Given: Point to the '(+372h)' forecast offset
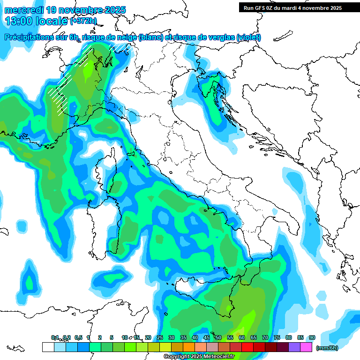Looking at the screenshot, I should (83, 21).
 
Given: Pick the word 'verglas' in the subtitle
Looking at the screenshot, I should (219, 37).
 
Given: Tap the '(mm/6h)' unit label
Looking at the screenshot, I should (328, 347).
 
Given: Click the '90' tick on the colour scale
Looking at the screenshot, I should (312, 337).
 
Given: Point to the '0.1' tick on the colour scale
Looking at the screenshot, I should (54, 337).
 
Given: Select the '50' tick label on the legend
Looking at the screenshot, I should (218, 337).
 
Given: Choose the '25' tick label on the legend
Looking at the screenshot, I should (160, 337).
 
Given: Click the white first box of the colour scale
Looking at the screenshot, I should (48, 347).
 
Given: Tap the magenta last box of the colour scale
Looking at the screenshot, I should (306, 347).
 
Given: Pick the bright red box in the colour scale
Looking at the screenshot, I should (247, 347).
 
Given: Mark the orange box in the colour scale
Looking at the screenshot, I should (189, 347).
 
